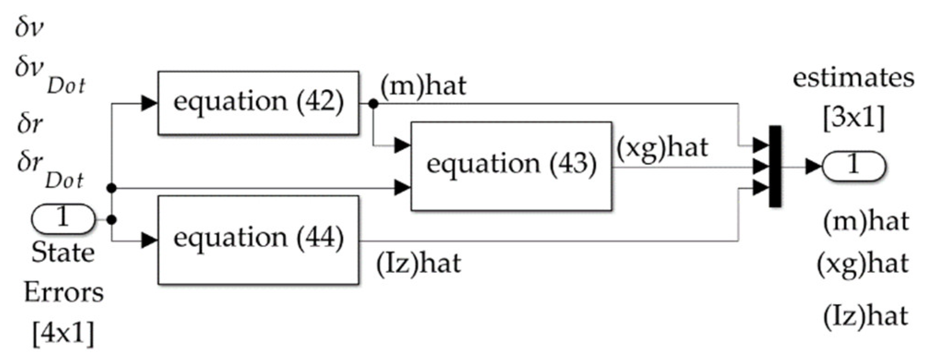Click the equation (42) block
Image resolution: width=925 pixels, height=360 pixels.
coord(258,102)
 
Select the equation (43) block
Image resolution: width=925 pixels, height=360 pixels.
coord(511,166)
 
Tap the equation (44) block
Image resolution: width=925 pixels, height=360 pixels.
coord(258,240)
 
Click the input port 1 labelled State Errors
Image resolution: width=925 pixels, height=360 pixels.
coord(63,218)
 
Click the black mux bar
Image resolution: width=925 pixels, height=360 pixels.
coord(775,166)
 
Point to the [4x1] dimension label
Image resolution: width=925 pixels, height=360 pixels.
coord(63,332)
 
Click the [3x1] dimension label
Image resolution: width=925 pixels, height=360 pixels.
coord(854,118)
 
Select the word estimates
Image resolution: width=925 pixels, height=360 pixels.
coord(853,78)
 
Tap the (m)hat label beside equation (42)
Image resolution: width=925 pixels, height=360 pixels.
coord(423,86)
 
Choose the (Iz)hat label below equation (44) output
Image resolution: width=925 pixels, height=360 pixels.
coord(418,264)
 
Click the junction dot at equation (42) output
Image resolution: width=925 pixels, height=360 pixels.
coord(373,104)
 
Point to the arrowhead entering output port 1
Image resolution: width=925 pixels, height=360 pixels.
coord(813,166)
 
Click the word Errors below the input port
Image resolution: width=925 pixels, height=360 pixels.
coord(64,293)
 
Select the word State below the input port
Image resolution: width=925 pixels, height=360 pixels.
coord(63,253)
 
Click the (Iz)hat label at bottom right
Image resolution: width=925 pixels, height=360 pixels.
coord(865,317)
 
